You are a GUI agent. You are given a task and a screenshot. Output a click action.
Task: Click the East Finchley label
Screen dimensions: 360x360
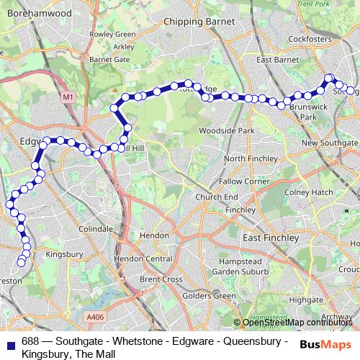270,238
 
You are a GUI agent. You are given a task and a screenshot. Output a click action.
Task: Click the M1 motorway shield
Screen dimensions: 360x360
68,95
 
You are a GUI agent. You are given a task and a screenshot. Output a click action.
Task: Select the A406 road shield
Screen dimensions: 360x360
94,315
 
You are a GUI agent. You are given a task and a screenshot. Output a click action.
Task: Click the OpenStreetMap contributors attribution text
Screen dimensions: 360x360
298,323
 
